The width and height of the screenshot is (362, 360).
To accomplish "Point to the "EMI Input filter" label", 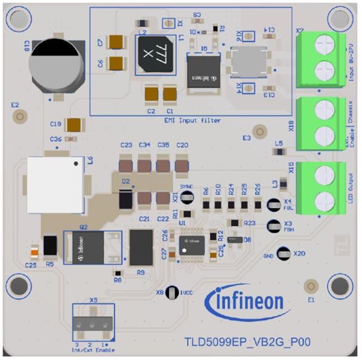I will pyautogui.click(x=192, y=121).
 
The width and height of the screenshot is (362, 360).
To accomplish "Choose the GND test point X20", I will pyautogui.click(x=283, y=254).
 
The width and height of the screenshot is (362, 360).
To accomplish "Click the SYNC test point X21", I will pyautogui.click(x=187, y=198).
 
